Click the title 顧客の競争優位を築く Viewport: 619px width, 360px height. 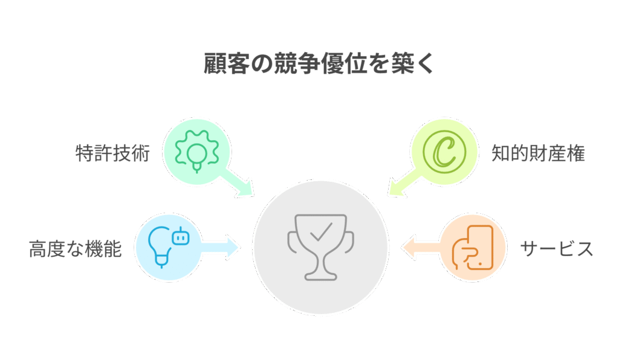(319, 63)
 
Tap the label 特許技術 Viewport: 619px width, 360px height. (112, 153)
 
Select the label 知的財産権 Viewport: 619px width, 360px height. (538, 153)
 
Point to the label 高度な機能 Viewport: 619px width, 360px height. (76, 249)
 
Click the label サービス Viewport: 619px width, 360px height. (557, 249)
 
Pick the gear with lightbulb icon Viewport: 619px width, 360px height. (197, 152)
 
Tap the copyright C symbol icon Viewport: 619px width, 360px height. (444, 152)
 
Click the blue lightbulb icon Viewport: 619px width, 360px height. (160, 247)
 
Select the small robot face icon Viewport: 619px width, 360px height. (181, 236)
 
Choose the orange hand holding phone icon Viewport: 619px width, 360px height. (473, 248)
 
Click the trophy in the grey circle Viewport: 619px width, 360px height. (320, 247)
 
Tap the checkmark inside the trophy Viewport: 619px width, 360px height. (321, 232)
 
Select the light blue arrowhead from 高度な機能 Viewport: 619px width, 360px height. (233, 247)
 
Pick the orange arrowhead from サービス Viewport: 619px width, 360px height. (409, 247)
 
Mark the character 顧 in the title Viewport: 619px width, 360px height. (215, 63)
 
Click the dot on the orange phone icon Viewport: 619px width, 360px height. (480, 263)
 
